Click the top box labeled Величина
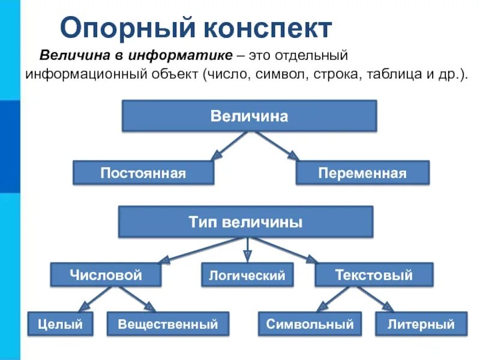coord(250,116)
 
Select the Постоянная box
coord(143,173)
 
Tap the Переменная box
coord(362,173)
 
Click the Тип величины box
coord(245,222)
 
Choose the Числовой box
coord(106,275)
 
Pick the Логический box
coord(247,275)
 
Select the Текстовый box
coord(373,275)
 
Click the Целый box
coord(60,324)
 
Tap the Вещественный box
coord(168,324)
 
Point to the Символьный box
coord(310,324)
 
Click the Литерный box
coord(421,324)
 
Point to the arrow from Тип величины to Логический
coord(246,250)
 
